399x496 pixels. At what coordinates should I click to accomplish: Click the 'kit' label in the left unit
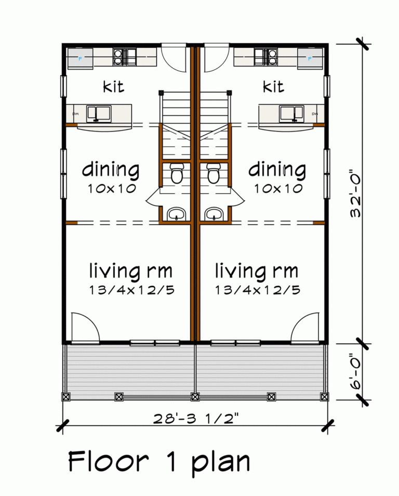point(113,86)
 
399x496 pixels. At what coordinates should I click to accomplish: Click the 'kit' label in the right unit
point(273,86)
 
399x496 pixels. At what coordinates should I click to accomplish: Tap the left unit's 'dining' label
point(111,170)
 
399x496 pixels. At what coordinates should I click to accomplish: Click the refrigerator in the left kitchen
point(80,58)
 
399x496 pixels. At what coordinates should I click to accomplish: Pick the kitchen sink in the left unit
point(98,112)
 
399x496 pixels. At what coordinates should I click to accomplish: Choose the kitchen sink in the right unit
point(291,112)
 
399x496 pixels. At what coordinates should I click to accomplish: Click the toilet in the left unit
point(177,174)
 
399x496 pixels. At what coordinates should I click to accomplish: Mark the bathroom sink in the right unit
point(214,214)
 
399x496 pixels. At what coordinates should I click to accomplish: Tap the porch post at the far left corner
point(66,397)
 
